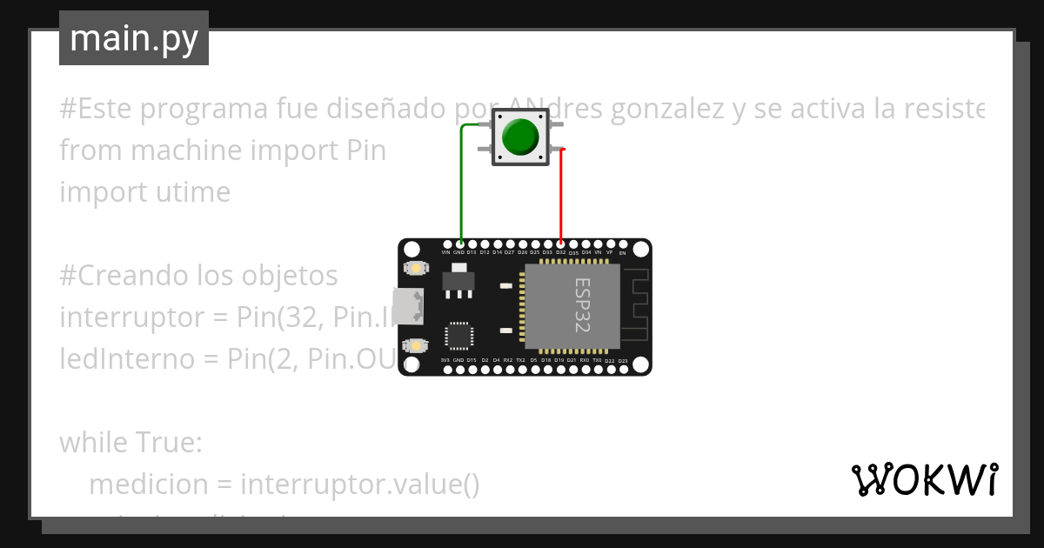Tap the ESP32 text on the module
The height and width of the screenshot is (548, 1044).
click(x=582, y=304)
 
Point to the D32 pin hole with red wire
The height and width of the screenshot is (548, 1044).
click(x=561, y=244)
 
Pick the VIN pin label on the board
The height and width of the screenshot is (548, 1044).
click(x=445, y=252)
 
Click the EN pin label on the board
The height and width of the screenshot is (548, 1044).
click(x=622, y=253)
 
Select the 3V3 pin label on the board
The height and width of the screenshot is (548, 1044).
click(x=445, y=360)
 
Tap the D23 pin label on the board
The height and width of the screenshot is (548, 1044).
click(x=623, y=360)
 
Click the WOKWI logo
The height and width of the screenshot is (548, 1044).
click(x=924, y=479)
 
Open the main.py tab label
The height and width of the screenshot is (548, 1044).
click(x=133, y=38)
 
